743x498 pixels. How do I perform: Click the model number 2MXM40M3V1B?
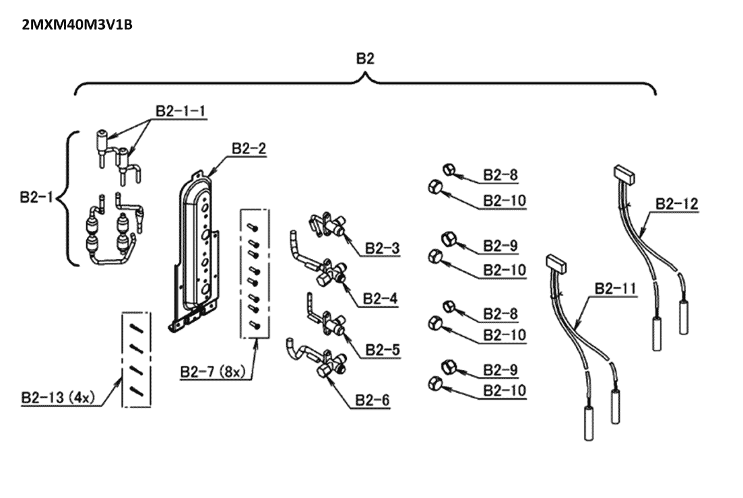tap(77, 25)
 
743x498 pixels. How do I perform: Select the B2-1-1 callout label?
tap(181, 111)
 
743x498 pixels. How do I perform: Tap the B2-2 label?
tap(249, 149)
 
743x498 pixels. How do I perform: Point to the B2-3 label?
tap(382, 248)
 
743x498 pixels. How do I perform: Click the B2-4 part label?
tap(380, 299)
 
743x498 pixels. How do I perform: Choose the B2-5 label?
tap(383, 350)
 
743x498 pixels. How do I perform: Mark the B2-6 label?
tap(373, 400)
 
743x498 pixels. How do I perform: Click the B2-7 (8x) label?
tap(213, 372)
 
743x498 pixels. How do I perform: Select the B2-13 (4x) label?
tap(58, 398)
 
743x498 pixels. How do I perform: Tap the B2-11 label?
tap(614, 288)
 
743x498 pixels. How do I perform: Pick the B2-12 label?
tap(677, 204)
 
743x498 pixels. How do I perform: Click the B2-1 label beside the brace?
tap(36, 197)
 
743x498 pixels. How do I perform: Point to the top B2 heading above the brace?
tap(365, 59)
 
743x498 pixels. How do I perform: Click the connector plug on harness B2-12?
tap(624, 174)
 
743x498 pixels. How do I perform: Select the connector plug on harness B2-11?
tap(556, 263)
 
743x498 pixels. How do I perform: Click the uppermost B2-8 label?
tap(500, 175)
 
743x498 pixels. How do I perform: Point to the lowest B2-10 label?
tap(505, 390)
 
